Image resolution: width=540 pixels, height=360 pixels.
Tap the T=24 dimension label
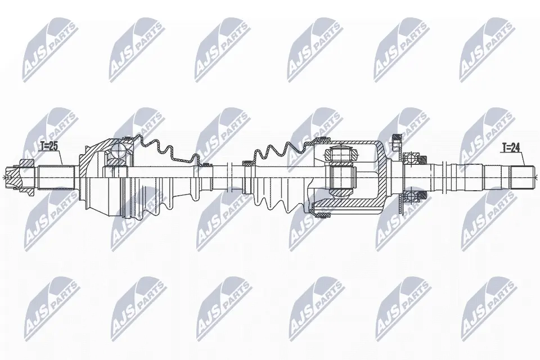pyautogui.click(x=510, y=148)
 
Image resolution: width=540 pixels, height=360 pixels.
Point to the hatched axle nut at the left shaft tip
pyautogui.click(x=28, y=178)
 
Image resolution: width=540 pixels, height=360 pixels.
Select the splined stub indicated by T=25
pyautogui.click(x=56, y=178)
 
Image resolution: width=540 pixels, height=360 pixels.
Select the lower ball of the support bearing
pyautogui.click(x=411, y=196)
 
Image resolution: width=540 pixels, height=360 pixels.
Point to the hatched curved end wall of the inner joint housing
pyautogui.click(x=382, y=177)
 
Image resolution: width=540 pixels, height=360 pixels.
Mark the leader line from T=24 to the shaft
pyautogui.click(x=522, y=160)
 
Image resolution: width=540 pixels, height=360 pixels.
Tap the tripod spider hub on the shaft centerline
pyautogui.click(x=340, y=177)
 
